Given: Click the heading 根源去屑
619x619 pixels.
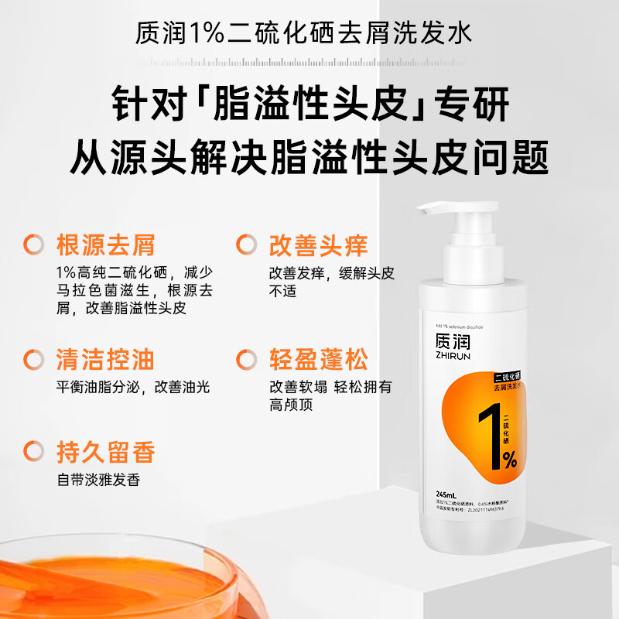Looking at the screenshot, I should pos(105,245).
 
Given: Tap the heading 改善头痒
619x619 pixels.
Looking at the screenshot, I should pos(318,245).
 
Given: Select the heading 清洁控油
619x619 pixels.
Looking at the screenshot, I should pos(105,359).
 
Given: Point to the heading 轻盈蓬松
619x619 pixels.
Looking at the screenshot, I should pos(318,359).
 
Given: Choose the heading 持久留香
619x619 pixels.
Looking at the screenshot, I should pos(105,451).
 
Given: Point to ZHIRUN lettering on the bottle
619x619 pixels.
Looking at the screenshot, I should pos(451,357).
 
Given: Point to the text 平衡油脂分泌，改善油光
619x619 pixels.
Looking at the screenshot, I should pos(132,387).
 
